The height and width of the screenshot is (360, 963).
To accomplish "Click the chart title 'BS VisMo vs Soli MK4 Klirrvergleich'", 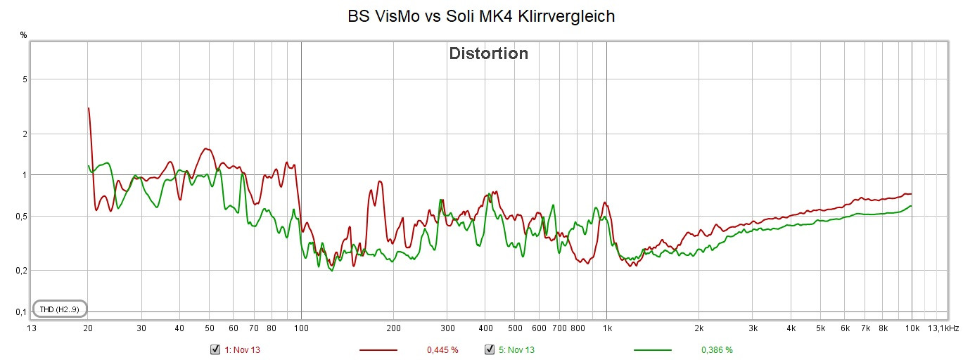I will coord(481,16).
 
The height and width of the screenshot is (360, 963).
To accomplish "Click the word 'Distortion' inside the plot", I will coord(488,53).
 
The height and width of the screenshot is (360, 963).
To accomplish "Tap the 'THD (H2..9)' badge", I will coord(59,309).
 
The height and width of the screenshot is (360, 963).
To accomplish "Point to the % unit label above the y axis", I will coord(23,34).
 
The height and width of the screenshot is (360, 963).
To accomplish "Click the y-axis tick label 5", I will coord(24,79).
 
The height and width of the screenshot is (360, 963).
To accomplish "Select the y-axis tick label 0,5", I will coord(21,216).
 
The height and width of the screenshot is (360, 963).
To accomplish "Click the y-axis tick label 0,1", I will coord(21,311).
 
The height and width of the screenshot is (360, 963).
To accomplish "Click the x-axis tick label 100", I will coord(301,328).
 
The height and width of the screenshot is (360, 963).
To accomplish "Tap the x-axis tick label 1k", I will coord(607,328).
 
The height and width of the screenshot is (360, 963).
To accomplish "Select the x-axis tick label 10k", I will coord(912,328).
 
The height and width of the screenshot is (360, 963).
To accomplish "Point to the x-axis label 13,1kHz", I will coord(943,328).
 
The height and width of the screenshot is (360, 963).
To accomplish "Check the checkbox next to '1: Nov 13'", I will coord(215,349).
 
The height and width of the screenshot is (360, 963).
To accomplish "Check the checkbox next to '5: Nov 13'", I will coord(490,349).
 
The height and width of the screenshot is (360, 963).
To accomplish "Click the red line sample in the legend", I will coord(378,349).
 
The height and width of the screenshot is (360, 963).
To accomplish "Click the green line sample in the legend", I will coord(652,349).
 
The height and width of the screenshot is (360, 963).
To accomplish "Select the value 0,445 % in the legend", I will coord(442,349).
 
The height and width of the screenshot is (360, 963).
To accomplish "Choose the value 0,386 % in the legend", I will coord(717,349).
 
